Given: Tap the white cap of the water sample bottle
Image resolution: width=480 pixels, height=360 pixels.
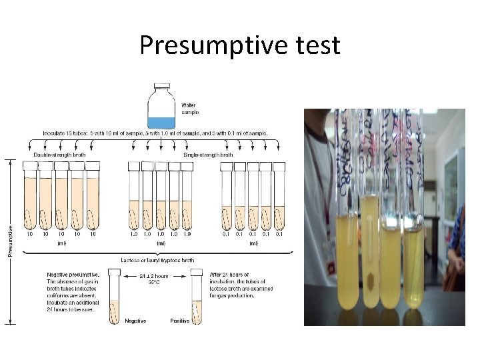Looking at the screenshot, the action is [161, 87].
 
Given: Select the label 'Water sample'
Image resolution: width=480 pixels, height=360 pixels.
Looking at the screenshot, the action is [189, 108].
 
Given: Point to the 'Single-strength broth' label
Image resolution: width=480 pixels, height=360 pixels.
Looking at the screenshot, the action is [208, 155].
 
